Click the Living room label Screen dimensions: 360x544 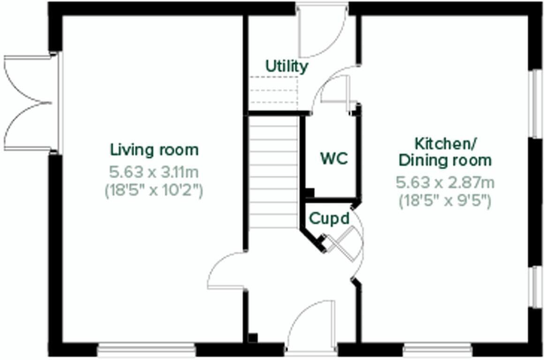click(154, 150)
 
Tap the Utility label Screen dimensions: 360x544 click(287, 66)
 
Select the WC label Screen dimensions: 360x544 click(334, 158)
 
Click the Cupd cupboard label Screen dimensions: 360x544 click(329, 218)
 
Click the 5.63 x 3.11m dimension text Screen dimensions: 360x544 click(154, 172)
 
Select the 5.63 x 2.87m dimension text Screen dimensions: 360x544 click(445, 182)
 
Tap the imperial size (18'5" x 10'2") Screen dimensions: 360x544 click(154, 191)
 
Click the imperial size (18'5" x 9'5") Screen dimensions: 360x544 click(445, 201)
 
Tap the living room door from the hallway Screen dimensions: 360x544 click(226, 271)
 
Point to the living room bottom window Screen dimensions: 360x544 click(147, 350)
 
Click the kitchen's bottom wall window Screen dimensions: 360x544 click(437, 350)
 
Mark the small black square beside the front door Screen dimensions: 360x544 click(253, 337)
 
